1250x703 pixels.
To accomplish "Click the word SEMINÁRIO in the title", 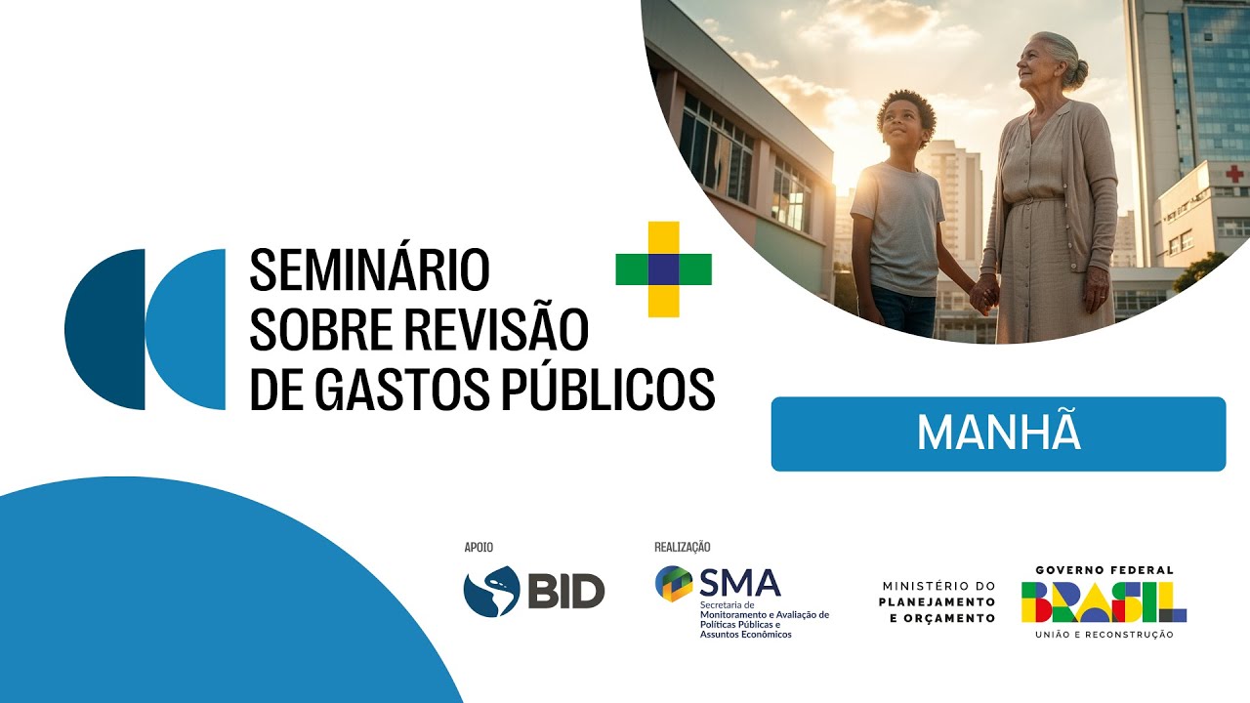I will (x=369, y=269).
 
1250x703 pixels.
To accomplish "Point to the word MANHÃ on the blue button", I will (x=998, y=434).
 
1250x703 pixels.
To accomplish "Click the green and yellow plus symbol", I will (x=663, y=269).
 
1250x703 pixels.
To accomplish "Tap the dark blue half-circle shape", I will (x=106, y=329).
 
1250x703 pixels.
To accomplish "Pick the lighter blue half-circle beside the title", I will (x=187, y=329).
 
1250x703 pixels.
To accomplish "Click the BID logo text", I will (x=565, y=592).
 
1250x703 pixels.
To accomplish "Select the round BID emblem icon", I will (x=490, y=592).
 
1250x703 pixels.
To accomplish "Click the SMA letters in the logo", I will (x=739, y=583).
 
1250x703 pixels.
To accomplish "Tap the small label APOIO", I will (x=479, y=548).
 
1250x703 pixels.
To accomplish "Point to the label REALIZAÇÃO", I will (x=682, y=548).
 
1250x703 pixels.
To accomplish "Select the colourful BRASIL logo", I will (x=1104, y=601).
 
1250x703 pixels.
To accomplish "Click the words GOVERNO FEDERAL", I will (x=1104, y=570).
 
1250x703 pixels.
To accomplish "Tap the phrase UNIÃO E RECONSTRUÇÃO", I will (x=1104, y=635).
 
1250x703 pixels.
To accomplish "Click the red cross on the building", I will (x=1234, y=174).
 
